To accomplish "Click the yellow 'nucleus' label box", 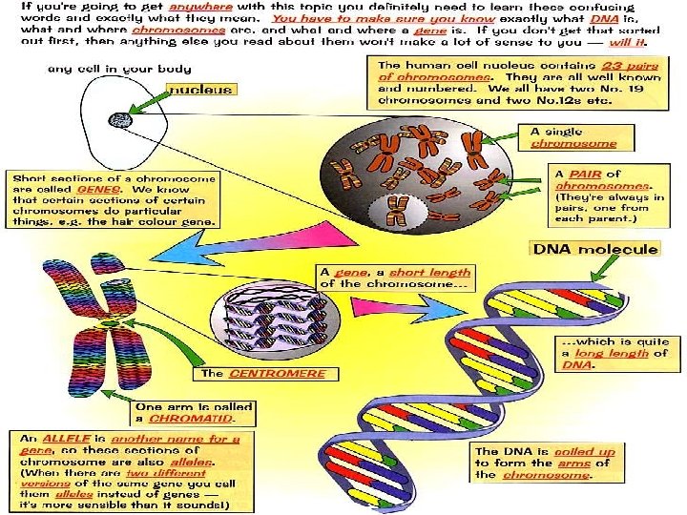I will pyautogui.click(x=200, y=90).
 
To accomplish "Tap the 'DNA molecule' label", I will pyautogui.click(x=596, y=250).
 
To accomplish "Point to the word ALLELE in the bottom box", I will pyautogui.click(x=59, y=439).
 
